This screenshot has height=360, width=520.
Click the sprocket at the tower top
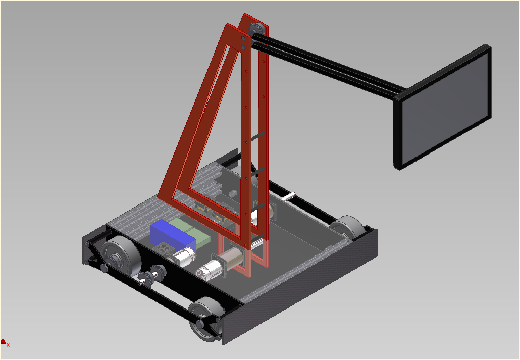pos(257,29)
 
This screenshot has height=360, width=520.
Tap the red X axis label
pos(8,345)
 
